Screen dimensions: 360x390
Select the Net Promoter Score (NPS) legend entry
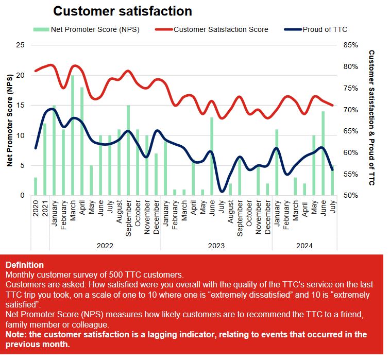95,29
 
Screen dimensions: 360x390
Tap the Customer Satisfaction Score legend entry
221,29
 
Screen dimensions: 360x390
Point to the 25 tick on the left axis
21,45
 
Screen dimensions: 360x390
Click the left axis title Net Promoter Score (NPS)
9,121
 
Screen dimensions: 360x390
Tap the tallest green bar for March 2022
73,135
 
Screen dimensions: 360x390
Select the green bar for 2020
36,186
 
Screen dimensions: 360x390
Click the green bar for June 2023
211,157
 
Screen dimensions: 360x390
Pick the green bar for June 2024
323,153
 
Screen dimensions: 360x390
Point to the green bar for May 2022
91,180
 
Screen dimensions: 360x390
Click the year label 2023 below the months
216,246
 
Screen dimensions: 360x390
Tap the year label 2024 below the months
304,246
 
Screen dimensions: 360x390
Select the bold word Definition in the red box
24,265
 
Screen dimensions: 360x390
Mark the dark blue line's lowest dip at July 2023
222,191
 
